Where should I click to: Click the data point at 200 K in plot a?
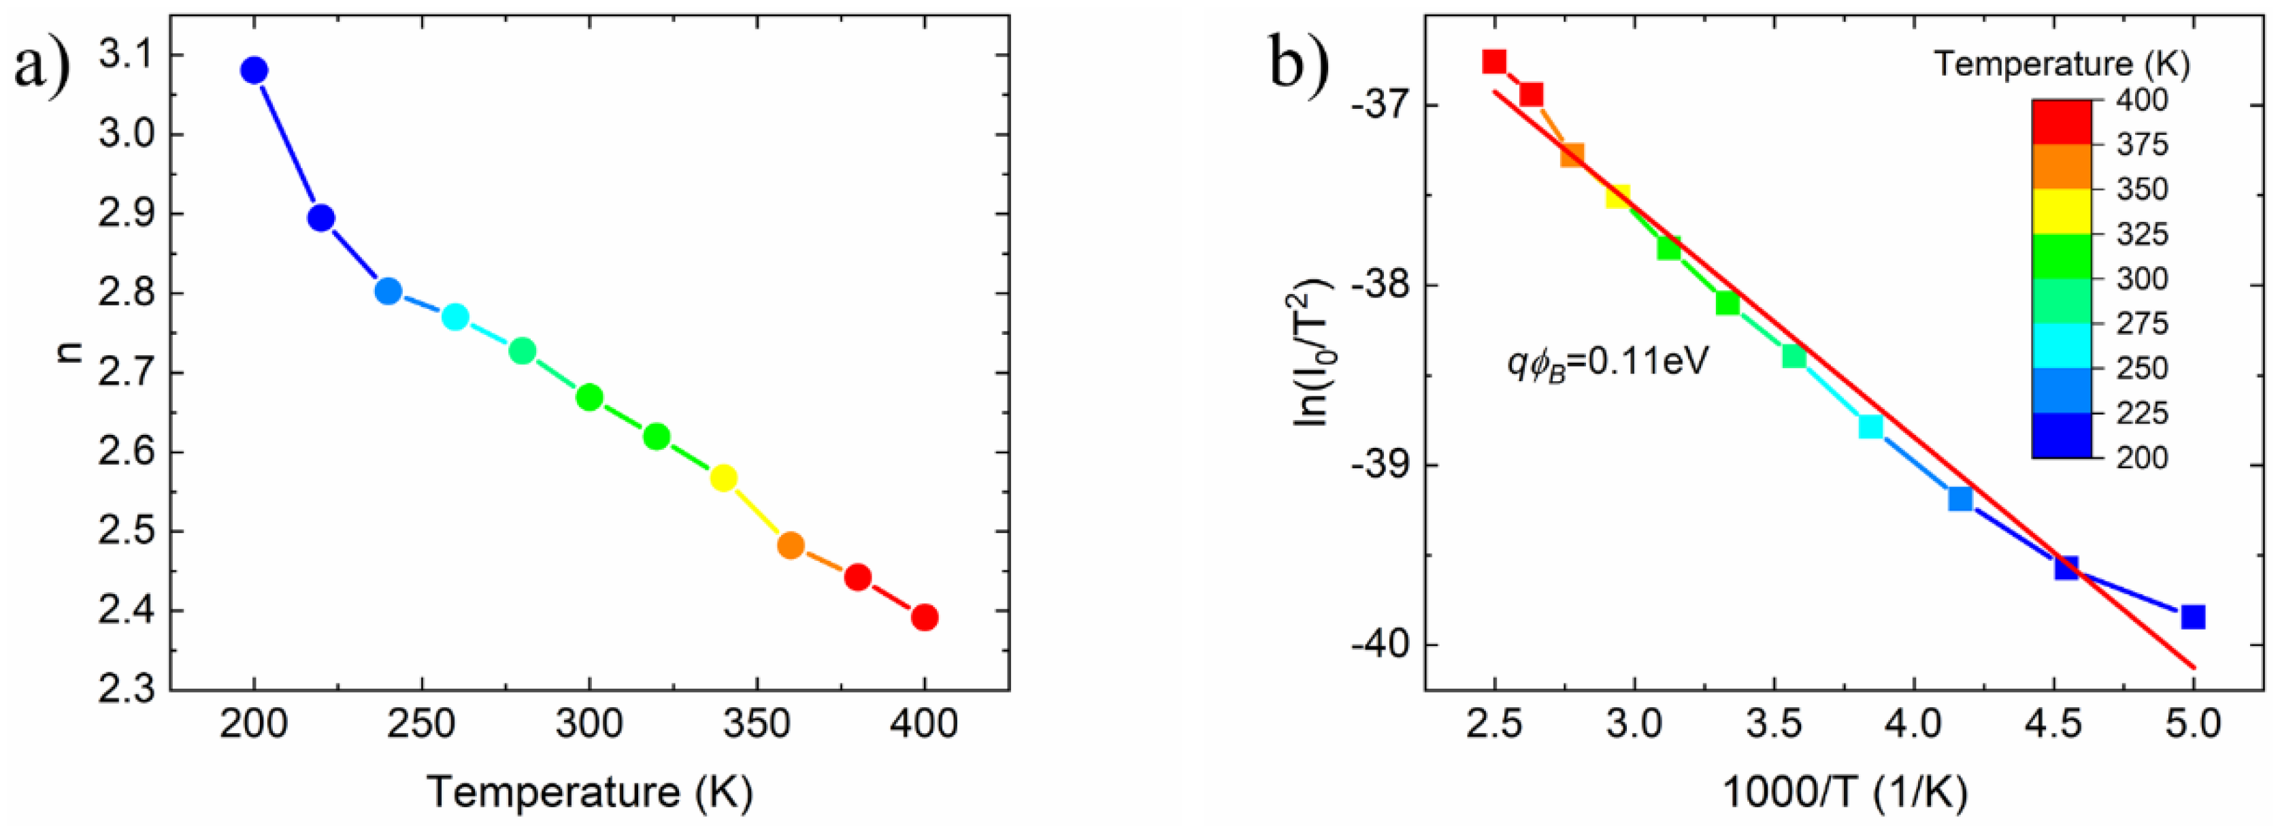pos(254,70)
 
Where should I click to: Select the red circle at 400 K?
pos(924,617)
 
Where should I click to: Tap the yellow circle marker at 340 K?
pos(723,478)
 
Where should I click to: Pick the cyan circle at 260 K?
pos(455,317)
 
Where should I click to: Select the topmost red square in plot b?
pos(1494,61)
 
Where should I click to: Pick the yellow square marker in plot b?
pos(1618,197)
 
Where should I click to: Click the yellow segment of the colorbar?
pos(2062,212)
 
